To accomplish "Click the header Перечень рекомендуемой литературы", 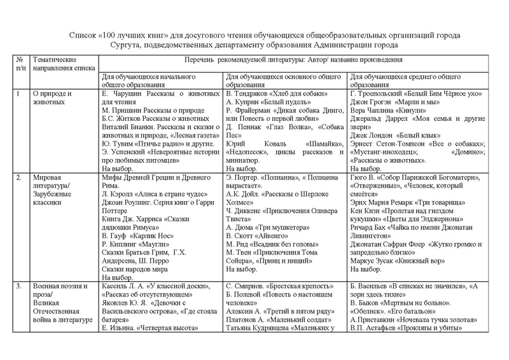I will tap(292, 59).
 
